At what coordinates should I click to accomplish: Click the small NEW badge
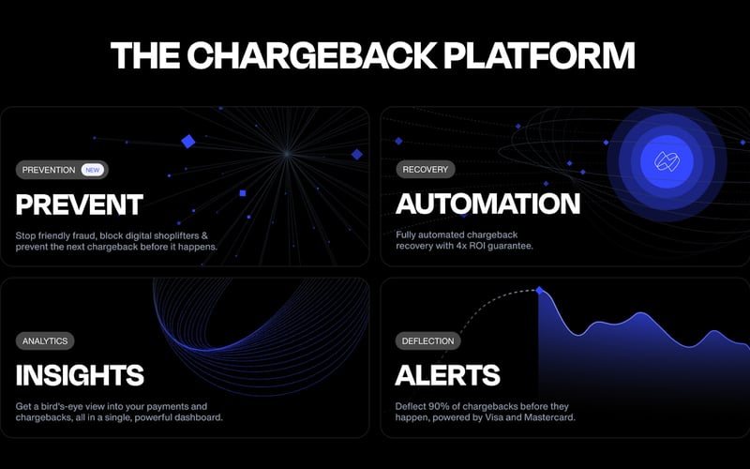[x=91, y=170]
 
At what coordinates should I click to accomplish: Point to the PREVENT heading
[x=80, y=204]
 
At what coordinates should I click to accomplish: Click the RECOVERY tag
[x=426, y=170]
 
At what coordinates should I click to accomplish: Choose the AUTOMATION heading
[x=487, y=204]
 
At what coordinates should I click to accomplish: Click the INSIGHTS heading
[x=80, y=375]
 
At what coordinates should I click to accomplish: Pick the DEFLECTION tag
[x=427, y=341]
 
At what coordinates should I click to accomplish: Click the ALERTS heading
[x=448, y=375]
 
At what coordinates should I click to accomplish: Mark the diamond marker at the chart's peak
[x=539, y=291]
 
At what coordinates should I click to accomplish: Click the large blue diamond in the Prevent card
[x=187, y=142]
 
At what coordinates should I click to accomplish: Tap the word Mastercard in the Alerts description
[x=546, y=417]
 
